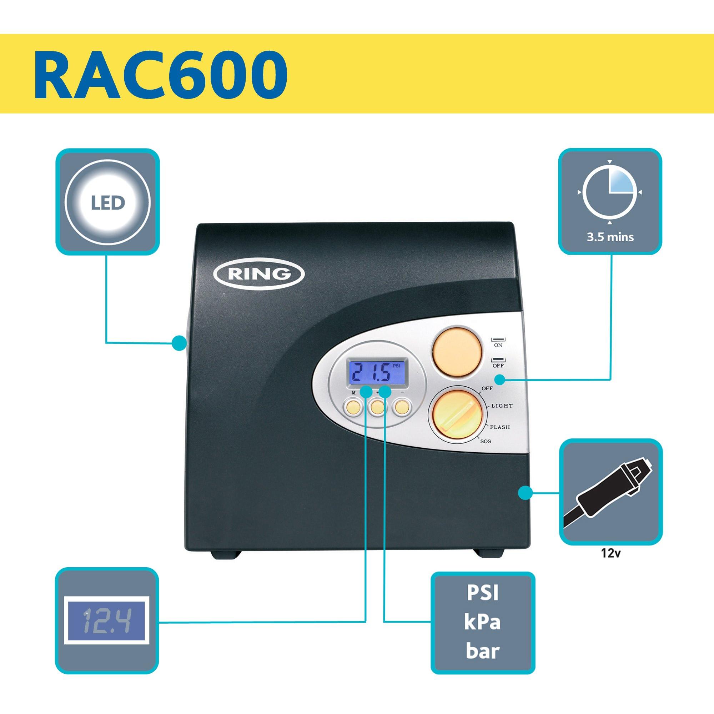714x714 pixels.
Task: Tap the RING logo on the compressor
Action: point(259,274)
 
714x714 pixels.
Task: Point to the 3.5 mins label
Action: point(610,237)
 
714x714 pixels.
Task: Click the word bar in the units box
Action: point(483,651)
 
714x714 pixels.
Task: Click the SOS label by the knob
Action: point(485,441)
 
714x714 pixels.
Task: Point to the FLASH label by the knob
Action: point(500,427)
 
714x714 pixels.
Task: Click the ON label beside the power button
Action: point(498,345)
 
